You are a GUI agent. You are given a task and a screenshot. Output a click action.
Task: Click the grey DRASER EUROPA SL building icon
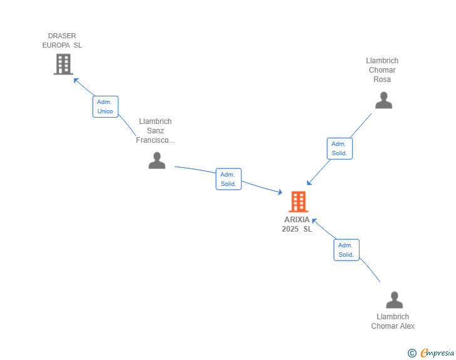tap(63, 64)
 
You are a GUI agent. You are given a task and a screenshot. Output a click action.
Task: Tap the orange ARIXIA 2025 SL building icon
tap(298, 202)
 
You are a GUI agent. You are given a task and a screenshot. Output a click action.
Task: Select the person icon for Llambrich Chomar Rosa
tap(383, 100)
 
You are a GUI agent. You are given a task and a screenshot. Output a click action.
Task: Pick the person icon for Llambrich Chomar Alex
tap(394, 300)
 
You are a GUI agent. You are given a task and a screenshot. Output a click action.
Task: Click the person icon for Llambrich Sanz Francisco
tap(157, 160)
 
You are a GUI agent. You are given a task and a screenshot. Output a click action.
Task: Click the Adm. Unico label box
tap(105, 106)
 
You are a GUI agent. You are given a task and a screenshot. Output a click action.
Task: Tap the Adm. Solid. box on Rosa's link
tap(339, 148)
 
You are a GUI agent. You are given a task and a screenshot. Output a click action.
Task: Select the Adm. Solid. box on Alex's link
tap(346, 249)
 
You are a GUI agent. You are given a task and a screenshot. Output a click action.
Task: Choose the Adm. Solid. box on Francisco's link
tap(228, 179)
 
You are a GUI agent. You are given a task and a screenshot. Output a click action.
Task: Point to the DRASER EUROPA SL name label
tap(62, 41)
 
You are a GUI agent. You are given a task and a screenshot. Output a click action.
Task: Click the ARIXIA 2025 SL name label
tap(297, 224)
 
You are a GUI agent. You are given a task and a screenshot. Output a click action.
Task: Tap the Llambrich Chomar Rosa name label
tap(382, 70)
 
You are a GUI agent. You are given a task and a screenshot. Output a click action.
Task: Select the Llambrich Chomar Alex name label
tap(393, 321)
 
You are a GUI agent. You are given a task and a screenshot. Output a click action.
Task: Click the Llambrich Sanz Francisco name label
tap(155, 131)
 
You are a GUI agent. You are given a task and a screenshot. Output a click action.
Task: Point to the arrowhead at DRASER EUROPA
tap(76, 80)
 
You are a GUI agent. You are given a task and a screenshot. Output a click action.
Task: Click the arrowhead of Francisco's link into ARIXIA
tap(281, 193)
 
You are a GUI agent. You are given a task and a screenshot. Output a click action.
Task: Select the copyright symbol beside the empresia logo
tap(412, 353)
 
